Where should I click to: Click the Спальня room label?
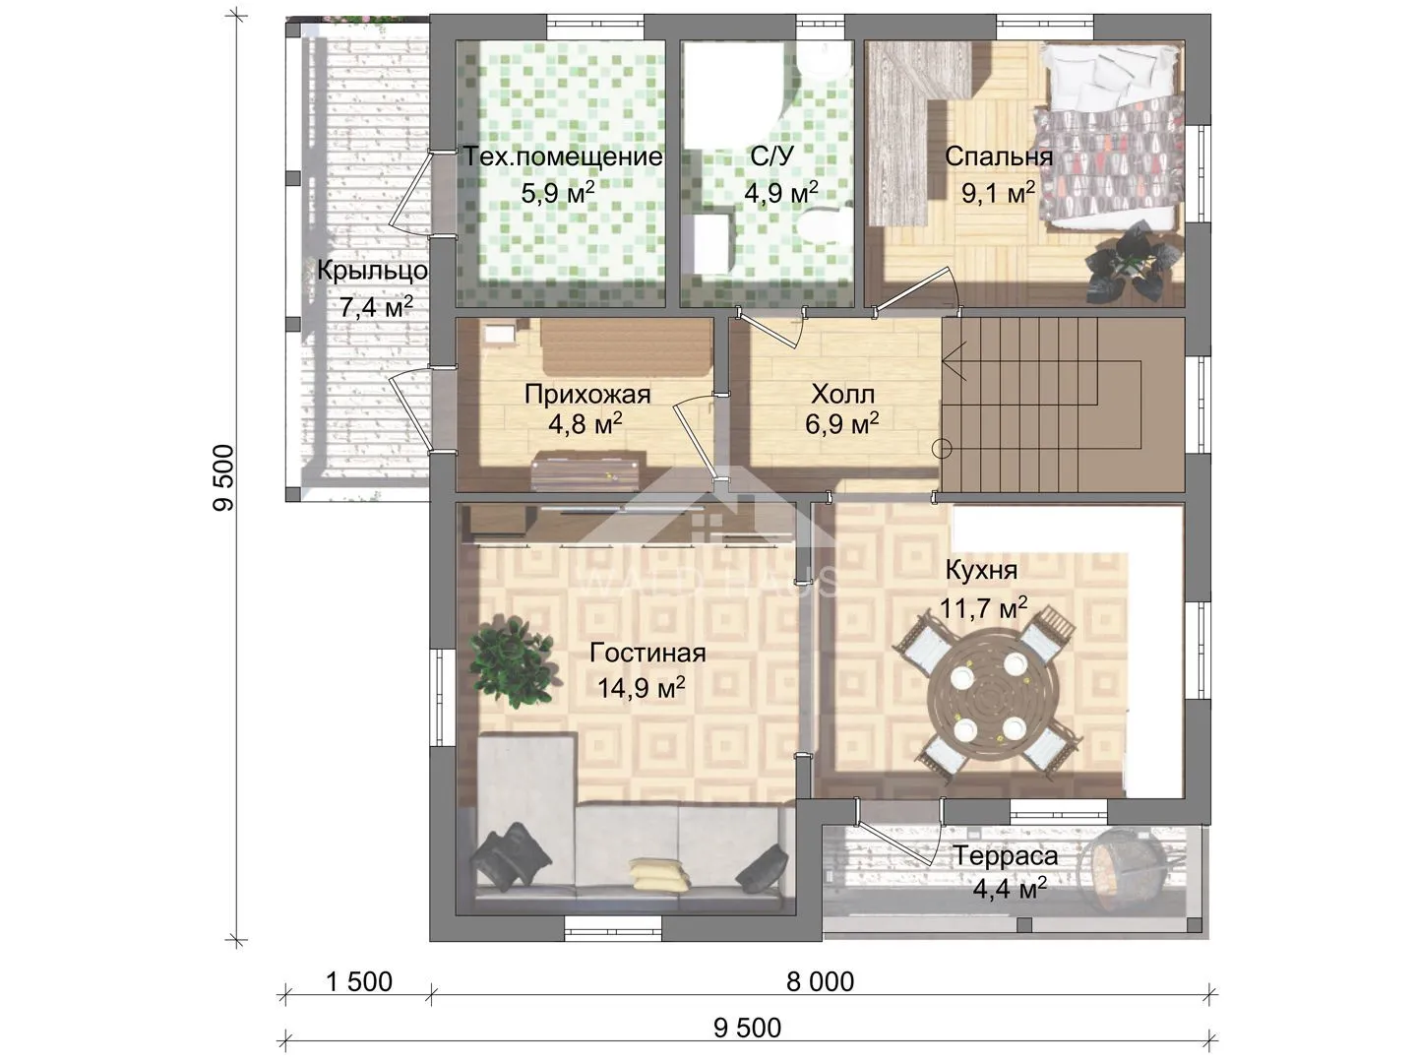[999, 156]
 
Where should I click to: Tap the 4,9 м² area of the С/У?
[781, 192]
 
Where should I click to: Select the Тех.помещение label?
[563, 156]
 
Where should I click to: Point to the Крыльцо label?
[373, 271]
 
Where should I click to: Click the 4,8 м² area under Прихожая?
[585, 424]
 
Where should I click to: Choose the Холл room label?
[842, 394]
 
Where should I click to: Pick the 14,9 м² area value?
[641, 688]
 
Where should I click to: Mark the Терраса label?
[1006, 856]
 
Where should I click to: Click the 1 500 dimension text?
[359, 981]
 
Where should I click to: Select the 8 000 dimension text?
[821, 981]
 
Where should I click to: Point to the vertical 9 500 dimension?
[223, 478]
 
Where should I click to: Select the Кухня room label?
[981, 570]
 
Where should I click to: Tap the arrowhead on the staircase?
[954, 361]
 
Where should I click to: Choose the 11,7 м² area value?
[983, 607]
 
